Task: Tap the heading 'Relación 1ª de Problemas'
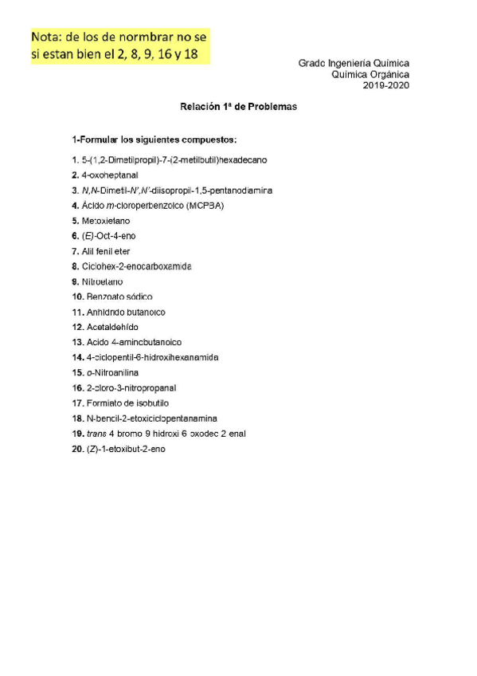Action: pyautogui.click(x=238, y=105)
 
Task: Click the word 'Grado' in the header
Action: pyautogui.click(x=314, y=62)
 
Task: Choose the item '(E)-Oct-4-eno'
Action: pyautogui.click(x=108, y=236)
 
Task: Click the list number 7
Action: pyautogui.click(x=74, y=251)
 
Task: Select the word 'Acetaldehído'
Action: pyautogui.click(x=113, y=327)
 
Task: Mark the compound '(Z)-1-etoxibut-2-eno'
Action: pyautogui.click(x=127, y=449)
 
